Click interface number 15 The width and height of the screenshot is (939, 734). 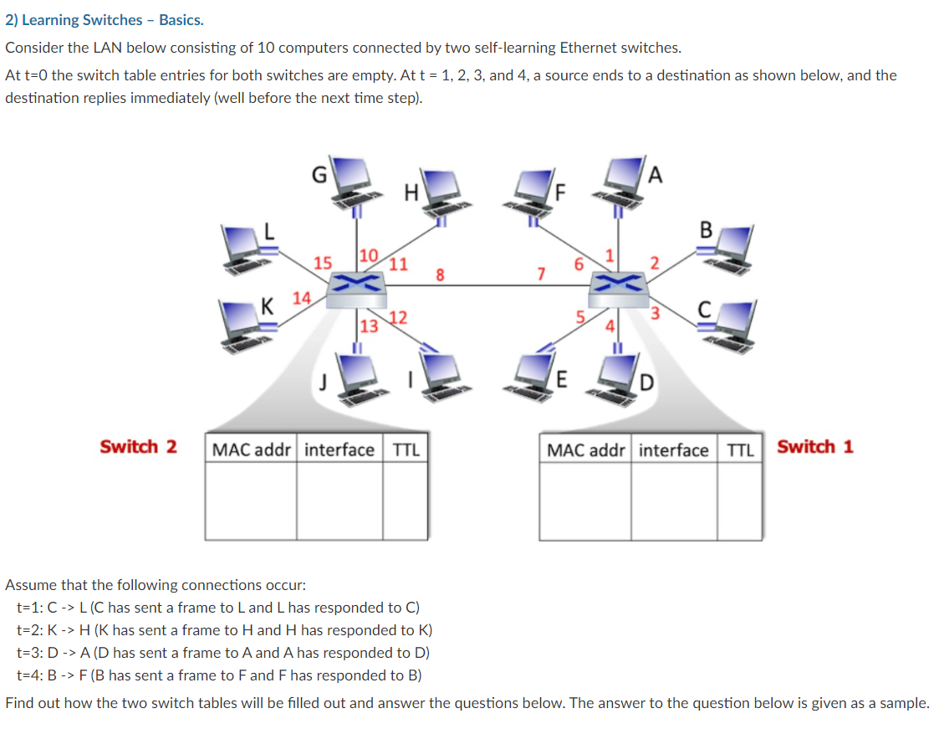pos(321,263)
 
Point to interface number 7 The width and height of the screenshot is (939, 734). pos(541,273)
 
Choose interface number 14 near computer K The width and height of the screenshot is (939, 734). pos(301,297)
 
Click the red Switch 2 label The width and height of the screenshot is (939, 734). pos(138,446)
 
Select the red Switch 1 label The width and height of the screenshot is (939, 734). pos(815,446)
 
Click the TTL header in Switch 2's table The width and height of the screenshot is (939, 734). pos(406,450)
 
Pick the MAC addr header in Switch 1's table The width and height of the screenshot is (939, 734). pos(585,450)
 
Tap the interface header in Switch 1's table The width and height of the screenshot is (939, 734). pos(673,450)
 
